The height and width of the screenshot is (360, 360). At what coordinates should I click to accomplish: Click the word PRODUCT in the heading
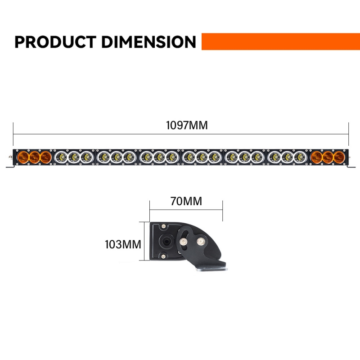(55, 42)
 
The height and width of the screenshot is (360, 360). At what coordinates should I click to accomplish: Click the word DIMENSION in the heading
(148, 42)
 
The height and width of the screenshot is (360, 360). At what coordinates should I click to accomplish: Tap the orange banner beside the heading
(280, 41)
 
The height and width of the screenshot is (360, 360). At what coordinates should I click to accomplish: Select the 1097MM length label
(187, 126)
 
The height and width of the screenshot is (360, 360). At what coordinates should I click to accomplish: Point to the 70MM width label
(186, 201)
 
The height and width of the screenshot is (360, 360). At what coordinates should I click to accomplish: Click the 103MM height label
(123, 244)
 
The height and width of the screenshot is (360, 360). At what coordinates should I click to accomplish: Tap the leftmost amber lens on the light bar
(23, 157)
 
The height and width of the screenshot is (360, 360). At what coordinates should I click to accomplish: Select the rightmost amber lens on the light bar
(339, 157)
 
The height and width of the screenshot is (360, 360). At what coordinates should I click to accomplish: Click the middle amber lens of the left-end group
(35, 157)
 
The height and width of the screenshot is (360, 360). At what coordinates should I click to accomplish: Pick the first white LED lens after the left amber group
(61, 157)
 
